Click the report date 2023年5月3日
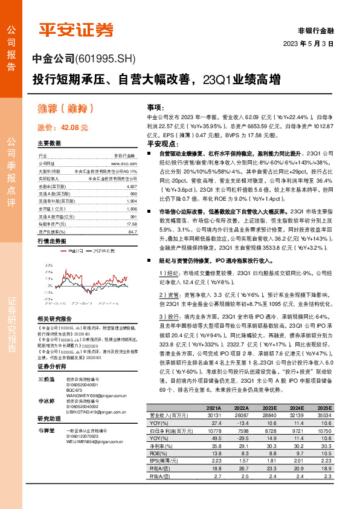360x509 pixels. click(308, 44)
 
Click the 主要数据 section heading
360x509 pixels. click(50, 144)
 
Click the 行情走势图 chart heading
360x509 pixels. click(52, 241)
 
